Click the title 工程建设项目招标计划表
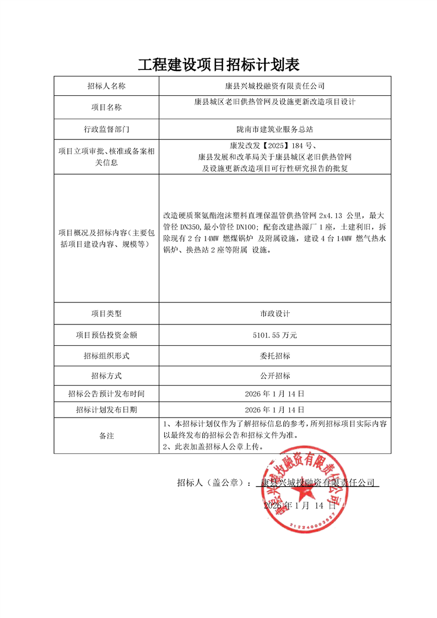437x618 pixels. pyautogui.click(x=218, y=65)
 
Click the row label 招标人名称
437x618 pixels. pyautogui.click(x=106, y=86)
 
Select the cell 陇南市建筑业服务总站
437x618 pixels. pyautogui.click(x=274, y=130)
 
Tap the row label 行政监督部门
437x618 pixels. pyautogui.click(x=106, y=130)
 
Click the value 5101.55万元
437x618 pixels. pyautogui.click(x=274, y=334)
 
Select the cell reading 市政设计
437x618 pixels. pyautogui.click(x=274, y=313)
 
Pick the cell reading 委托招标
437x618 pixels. pyautogui.click(x=274, y=355)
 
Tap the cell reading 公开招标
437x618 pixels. pyautogui.click(x=274, y=376)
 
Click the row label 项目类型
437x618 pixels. pyautogui.click(x=106, y=313)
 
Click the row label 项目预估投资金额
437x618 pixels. pyautogui.click(x=106, y=334)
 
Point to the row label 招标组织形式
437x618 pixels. pyautogui.click(x=106, y=355)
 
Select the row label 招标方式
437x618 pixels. pyautogui.click(x=106, y=376)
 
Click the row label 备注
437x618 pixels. pyautogui.click(x=106, y=436)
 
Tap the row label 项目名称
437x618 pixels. pyautogui.click(x=106, y=107)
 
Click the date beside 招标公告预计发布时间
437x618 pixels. pyautogui.click(x=274, y=394)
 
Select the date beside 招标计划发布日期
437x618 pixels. pyautogui.click(x=274, y=410)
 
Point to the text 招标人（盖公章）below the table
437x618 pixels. pyautogui.click(x=213, y=483)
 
